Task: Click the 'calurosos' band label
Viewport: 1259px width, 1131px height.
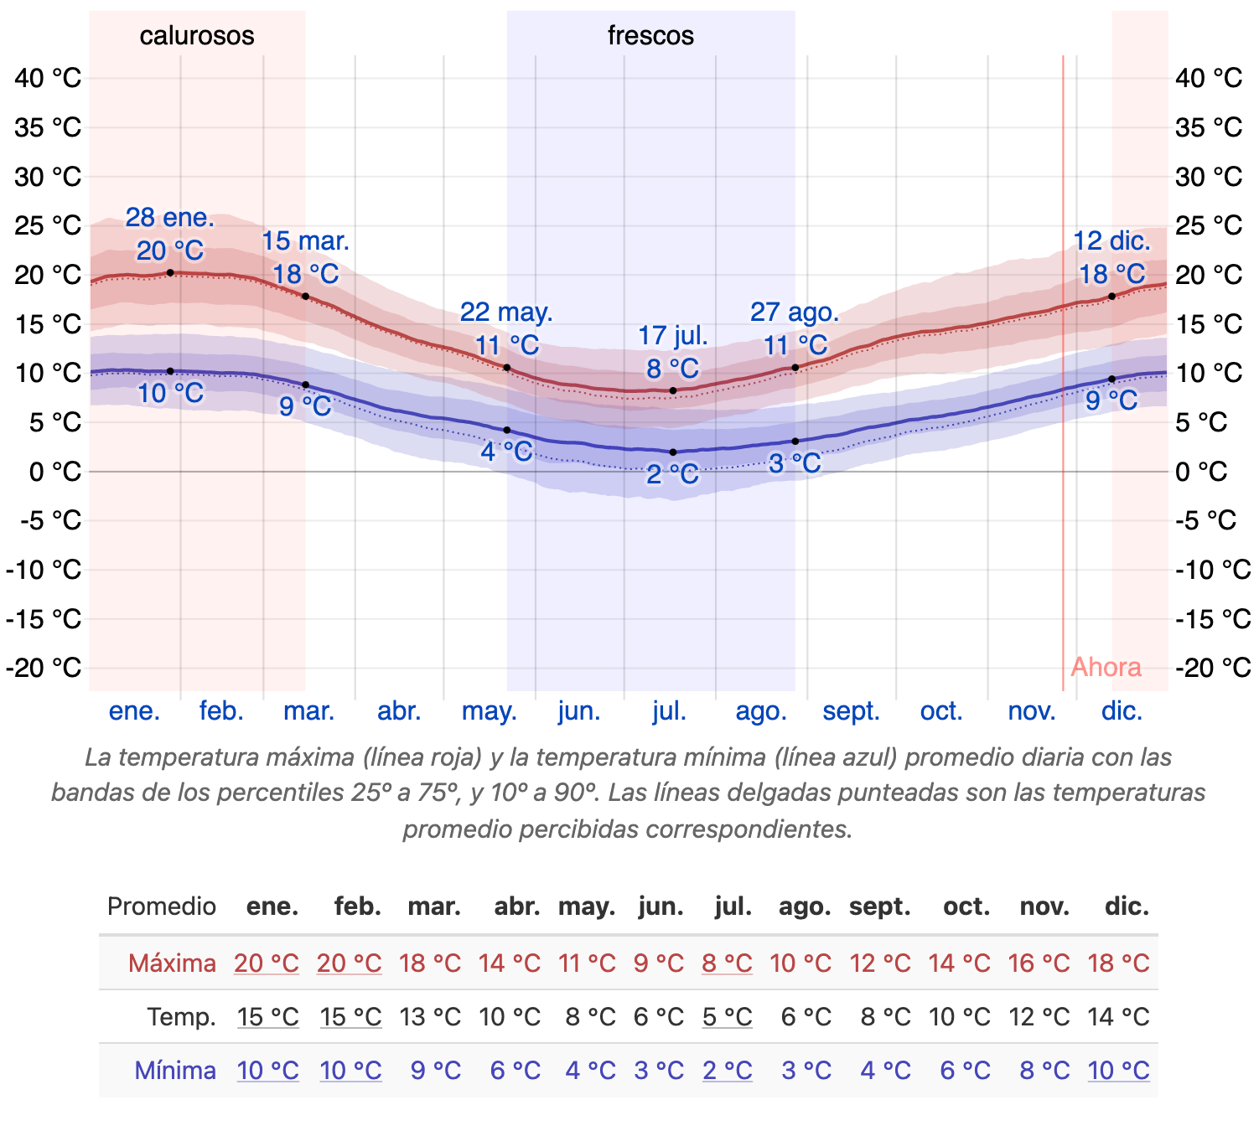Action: [197, 35]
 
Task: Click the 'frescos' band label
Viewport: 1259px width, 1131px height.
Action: [650, 35]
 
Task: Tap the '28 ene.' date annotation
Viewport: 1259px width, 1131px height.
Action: [170, 218]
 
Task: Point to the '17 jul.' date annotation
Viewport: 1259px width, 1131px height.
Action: [673, 336]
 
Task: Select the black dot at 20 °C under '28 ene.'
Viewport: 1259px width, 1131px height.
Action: [170, 272]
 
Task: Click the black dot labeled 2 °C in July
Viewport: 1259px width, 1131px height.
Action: [673, 452]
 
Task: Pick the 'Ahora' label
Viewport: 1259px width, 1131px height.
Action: [1106, 667]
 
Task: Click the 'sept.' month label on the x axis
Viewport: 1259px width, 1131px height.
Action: [851, 711]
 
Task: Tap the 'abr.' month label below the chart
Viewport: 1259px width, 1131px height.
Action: [399, 711]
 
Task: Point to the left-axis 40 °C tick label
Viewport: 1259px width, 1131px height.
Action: [48, 78]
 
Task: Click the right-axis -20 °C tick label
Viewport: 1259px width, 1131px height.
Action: [1213, 668]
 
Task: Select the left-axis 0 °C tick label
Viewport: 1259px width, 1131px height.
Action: [55, 472]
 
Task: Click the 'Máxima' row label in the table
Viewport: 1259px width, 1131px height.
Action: [172, 963]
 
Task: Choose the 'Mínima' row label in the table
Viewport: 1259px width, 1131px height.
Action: [175, 1070]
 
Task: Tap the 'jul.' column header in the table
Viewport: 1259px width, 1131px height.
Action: [733, 906]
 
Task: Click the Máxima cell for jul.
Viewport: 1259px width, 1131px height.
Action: [727, 963]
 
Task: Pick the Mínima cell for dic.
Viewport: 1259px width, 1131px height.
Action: [1118, 1070]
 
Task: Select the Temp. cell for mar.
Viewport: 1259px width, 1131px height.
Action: [430, 1016]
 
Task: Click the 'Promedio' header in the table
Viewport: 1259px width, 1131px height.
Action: [162, 906]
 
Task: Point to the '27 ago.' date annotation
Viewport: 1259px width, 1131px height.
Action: [795, 312]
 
